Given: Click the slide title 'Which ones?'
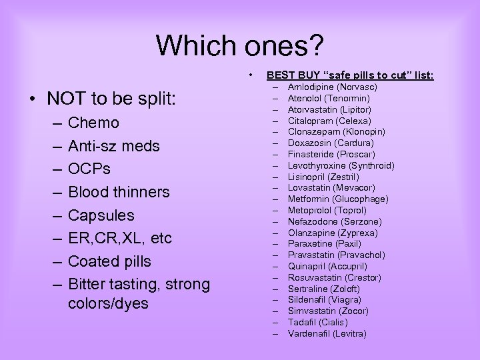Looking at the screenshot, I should click(240, 45).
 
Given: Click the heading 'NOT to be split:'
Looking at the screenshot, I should click(111, 99).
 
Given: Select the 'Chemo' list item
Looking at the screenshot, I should click(93, 123).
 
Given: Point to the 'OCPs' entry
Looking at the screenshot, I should click(91, 169).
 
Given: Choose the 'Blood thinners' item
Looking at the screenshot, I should click(119, 192).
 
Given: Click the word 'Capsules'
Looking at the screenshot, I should click(101, 215).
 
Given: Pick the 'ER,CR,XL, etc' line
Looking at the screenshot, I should click(119, 238).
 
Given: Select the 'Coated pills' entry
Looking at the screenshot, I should click(109, 261).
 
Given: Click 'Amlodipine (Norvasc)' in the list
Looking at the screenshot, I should click(332, 87).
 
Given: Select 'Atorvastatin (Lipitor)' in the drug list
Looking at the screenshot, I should click(329, 109).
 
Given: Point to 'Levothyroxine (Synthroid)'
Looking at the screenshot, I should click(341, 165).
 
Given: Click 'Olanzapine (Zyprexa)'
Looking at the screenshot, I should click(333, 233).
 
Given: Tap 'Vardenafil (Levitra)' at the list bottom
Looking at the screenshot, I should click(327, 333).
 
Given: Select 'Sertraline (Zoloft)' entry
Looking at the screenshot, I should click(323, 289).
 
